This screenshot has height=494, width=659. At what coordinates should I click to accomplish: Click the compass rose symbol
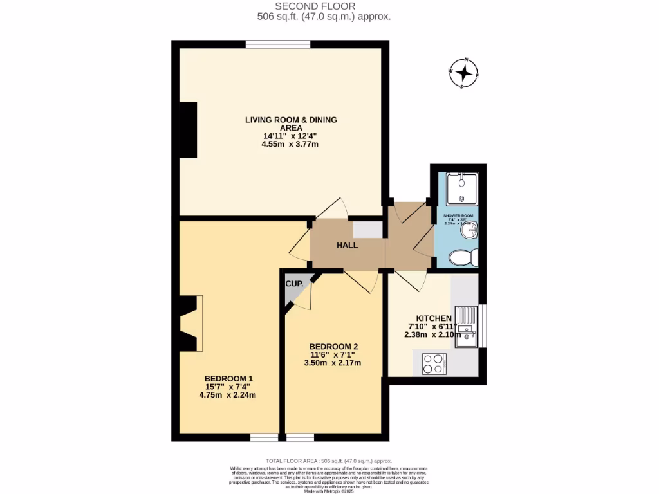pos(463,73)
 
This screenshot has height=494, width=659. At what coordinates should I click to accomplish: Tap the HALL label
pos(348,245)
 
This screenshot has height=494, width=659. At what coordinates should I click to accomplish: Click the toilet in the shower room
pos(463,258)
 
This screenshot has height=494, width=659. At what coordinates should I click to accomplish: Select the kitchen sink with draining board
pos(466,326)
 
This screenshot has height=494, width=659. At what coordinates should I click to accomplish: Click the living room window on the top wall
pos(278,44)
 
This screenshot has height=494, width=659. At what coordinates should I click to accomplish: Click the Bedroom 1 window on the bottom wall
pos(264,437)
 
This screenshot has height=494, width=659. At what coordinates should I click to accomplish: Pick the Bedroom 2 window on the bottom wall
pos(300,437)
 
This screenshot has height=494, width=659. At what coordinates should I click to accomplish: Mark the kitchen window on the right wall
pos(483,326)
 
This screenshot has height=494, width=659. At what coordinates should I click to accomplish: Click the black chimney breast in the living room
pos(188,129)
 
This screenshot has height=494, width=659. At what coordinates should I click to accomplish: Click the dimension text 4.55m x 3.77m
pos(290,144)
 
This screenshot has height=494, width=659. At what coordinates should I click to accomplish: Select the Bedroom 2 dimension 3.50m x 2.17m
pos(332,363)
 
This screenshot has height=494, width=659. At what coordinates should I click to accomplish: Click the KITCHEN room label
pos(434,318)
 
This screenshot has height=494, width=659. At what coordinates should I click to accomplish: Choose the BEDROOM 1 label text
pos(229,378)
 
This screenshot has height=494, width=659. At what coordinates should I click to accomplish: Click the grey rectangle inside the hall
pos(367,230)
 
